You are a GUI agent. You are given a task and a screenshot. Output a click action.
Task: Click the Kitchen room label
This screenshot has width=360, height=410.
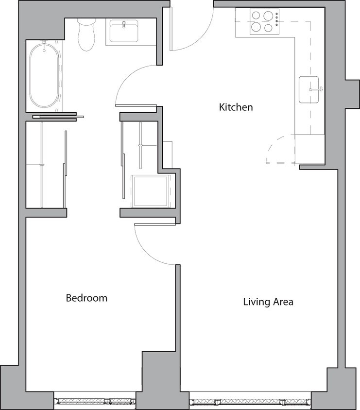pyautogui.click(x=236, y=107)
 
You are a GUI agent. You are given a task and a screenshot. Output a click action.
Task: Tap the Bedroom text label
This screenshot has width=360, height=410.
pyautogui.click(x=86, y=298)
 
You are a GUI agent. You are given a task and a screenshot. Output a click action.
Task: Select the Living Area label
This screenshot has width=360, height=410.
pyautogui.click(x=268, y=302)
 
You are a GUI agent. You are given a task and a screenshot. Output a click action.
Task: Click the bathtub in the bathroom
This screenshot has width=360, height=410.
pyautogui.click(x=44, y=74)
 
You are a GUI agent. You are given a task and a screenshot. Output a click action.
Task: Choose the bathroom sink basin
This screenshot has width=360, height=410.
pyautogui.click(x=124, y=31)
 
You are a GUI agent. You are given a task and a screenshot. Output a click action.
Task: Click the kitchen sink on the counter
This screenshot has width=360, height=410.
pyautogui.click(x=309, y=89)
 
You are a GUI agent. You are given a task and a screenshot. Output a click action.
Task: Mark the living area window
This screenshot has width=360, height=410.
pyautogui.click(x=250, y=402)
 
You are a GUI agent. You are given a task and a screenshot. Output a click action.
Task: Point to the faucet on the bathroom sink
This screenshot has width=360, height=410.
pyautogui.click(x=124, y=24)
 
